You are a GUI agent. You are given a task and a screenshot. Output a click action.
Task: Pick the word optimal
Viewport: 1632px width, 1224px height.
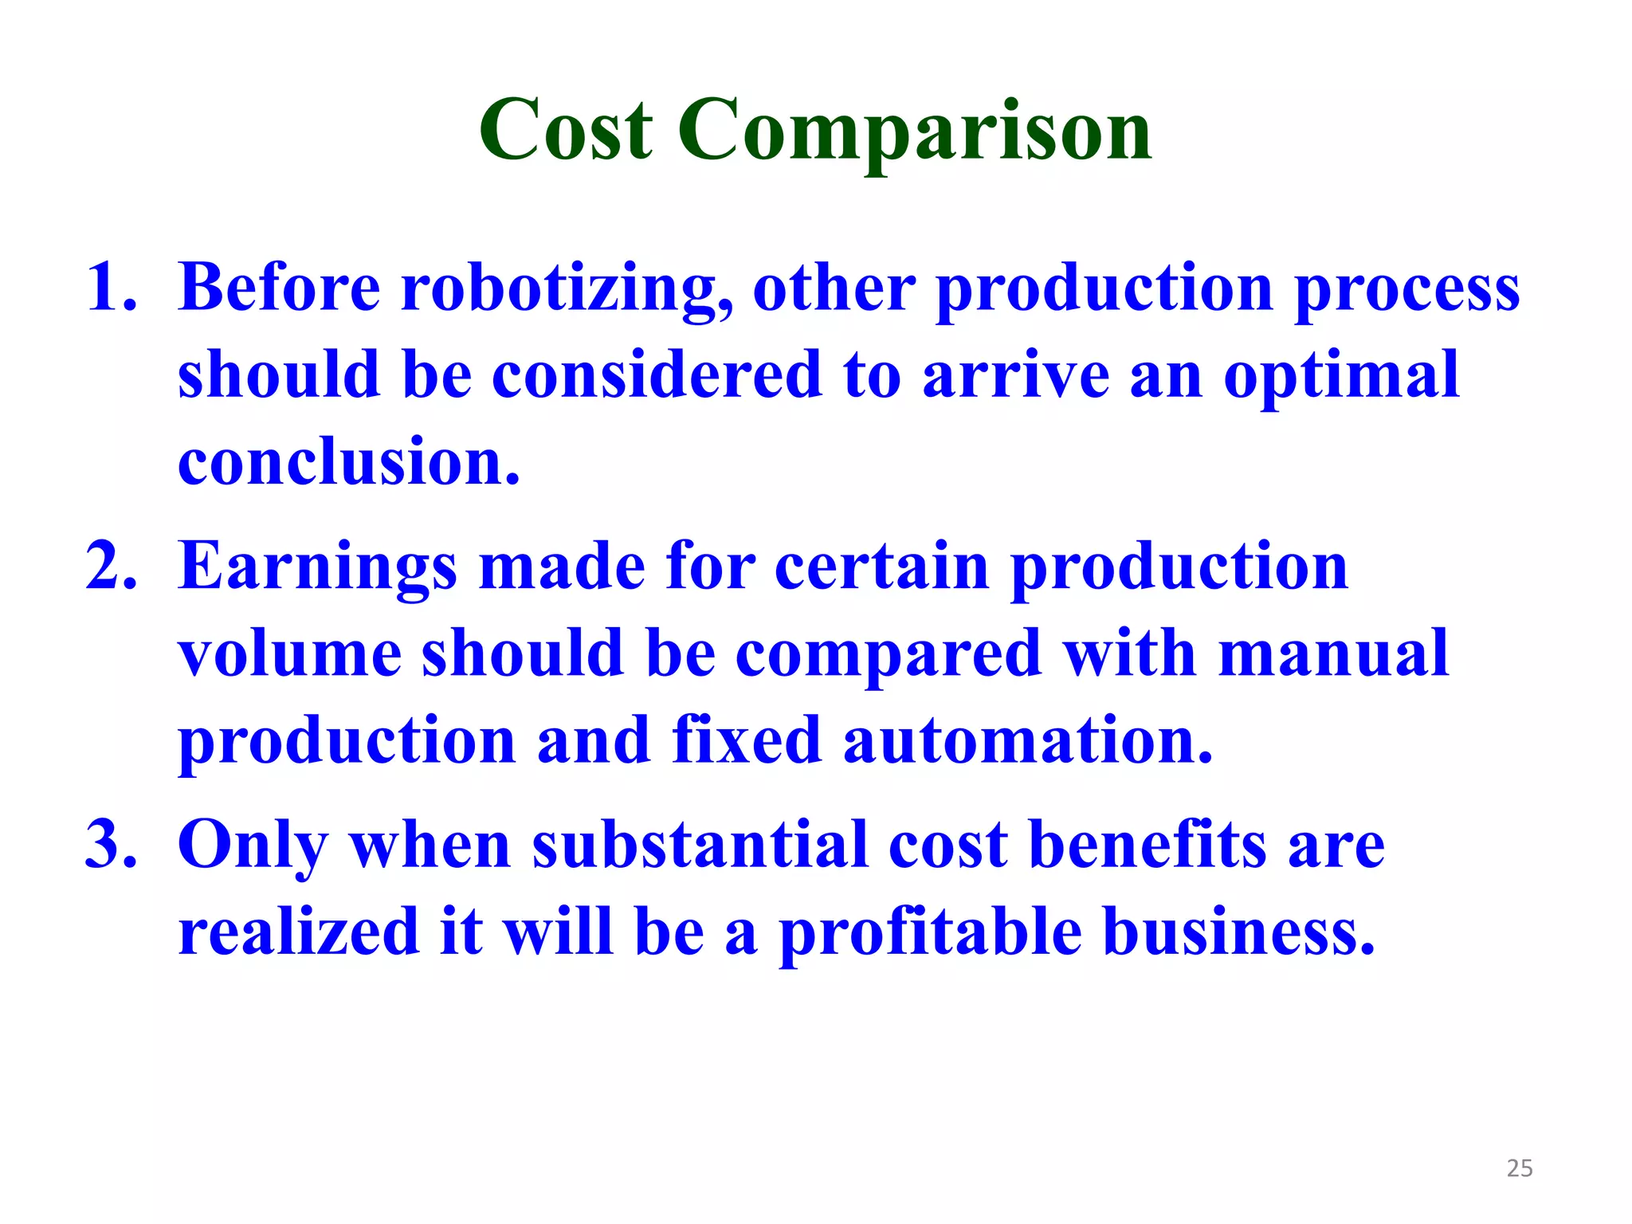coord(1341,376)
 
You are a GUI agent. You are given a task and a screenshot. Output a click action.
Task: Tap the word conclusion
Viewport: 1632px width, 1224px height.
coord(348,462)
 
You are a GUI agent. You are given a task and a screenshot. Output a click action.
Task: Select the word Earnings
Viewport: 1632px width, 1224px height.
coord(317,567)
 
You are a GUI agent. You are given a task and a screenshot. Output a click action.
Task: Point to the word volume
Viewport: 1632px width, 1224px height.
coord(289,653)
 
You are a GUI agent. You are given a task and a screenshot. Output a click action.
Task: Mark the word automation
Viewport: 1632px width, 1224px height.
coord(1027,739)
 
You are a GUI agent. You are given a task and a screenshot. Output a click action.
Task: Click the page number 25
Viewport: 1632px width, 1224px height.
coord(1520,1168)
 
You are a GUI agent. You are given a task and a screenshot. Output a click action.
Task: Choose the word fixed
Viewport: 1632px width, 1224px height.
coord(746,739)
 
